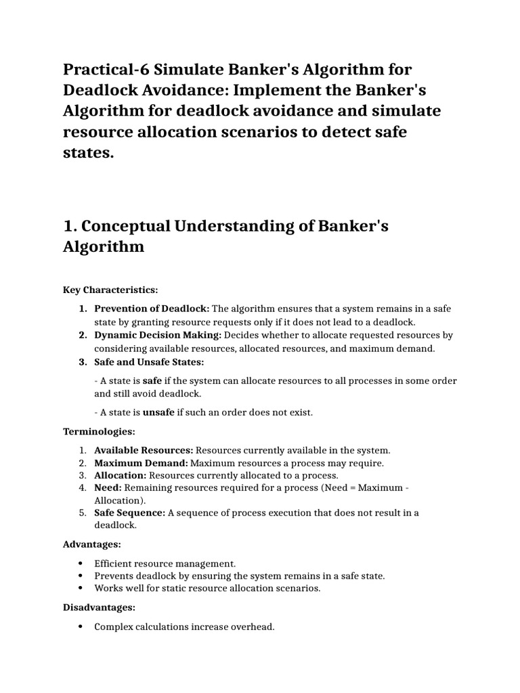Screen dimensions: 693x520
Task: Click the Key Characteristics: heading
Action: [x=110, y=290]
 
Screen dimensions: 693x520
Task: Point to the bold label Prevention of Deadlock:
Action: [x=152, y=309]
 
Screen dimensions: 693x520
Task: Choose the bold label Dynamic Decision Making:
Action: [x=157, y=335]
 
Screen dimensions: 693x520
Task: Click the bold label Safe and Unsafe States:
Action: [x=149, y=361]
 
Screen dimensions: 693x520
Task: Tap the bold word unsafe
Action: [x=158, y=412]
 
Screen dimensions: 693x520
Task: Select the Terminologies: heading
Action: [x=99, y=431]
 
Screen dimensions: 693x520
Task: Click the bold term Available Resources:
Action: [x=144, y=450]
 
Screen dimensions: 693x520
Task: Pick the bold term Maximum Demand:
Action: [x=141, y=463]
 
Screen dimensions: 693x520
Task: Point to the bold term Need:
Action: [x=108, y=488]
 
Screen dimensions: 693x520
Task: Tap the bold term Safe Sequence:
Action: [x=129, y=513]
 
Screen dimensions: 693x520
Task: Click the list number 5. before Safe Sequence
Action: [x=81, y=513]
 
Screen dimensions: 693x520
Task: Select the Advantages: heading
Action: [x=92, y=544]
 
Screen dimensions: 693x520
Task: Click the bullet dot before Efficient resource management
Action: [x=81, y=563]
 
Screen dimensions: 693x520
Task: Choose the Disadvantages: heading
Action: [x=100, y=608]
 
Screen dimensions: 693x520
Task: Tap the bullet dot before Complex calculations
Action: [x=81, y=627]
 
